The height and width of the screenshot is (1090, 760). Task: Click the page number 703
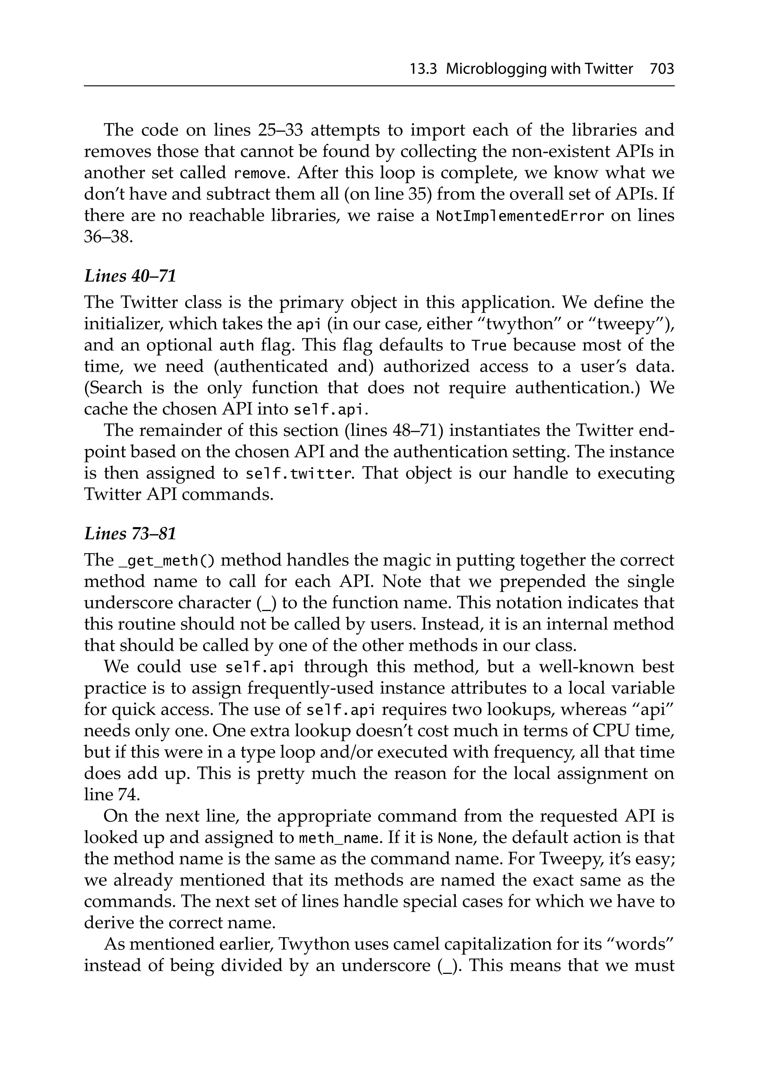(x=662, y=69)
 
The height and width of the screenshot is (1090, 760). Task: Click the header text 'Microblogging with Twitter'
(x=539, y=69)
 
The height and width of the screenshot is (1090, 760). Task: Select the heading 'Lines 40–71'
(x=130, y=276)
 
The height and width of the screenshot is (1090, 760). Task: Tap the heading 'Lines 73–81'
(x=130, y=533)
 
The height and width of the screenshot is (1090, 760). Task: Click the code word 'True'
(x=489, y=345)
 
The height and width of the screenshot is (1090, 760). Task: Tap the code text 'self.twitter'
(x=299, y=474)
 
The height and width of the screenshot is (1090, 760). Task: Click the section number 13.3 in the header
(x=423, y=69)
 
